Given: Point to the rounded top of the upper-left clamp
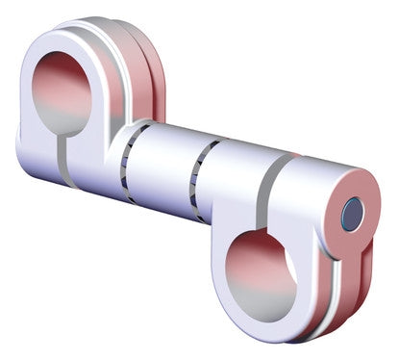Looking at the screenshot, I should coord(77,29).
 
